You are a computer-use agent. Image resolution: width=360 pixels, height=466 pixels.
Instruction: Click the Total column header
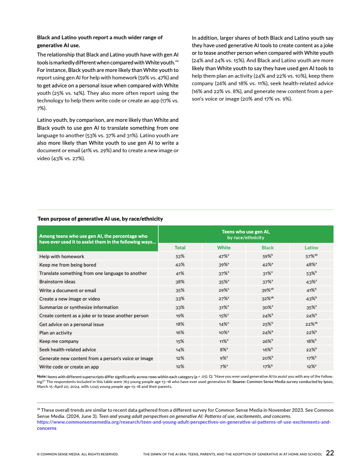[180, 248]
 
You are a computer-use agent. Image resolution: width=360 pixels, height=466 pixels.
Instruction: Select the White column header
[224, 248]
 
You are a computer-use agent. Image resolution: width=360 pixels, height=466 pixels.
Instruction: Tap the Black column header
[268, 248]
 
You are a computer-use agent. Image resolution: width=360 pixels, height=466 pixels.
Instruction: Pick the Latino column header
[311, 248]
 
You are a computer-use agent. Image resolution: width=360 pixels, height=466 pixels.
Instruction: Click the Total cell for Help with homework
[180, 256]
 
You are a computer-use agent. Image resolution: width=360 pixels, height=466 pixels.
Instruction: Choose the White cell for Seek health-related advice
[224, 349]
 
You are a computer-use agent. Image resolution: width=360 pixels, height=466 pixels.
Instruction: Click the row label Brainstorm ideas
[57, 282]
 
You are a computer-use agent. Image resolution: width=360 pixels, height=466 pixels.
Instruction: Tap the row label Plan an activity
[56, 333]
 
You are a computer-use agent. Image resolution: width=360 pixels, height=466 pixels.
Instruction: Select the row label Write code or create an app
[69, 367]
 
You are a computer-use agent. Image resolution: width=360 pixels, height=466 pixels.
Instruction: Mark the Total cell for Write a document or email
[180, 290]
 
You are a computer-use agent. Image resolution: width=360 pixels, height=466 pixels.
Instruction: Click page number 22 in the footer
[330, 453]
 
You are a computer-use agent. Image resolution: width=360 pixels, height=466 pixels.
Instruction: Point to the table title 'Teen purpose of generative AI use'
[100, 219]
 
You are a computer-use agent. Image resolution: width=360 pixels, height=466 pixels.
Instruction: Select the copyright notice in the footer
[77, 454]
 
